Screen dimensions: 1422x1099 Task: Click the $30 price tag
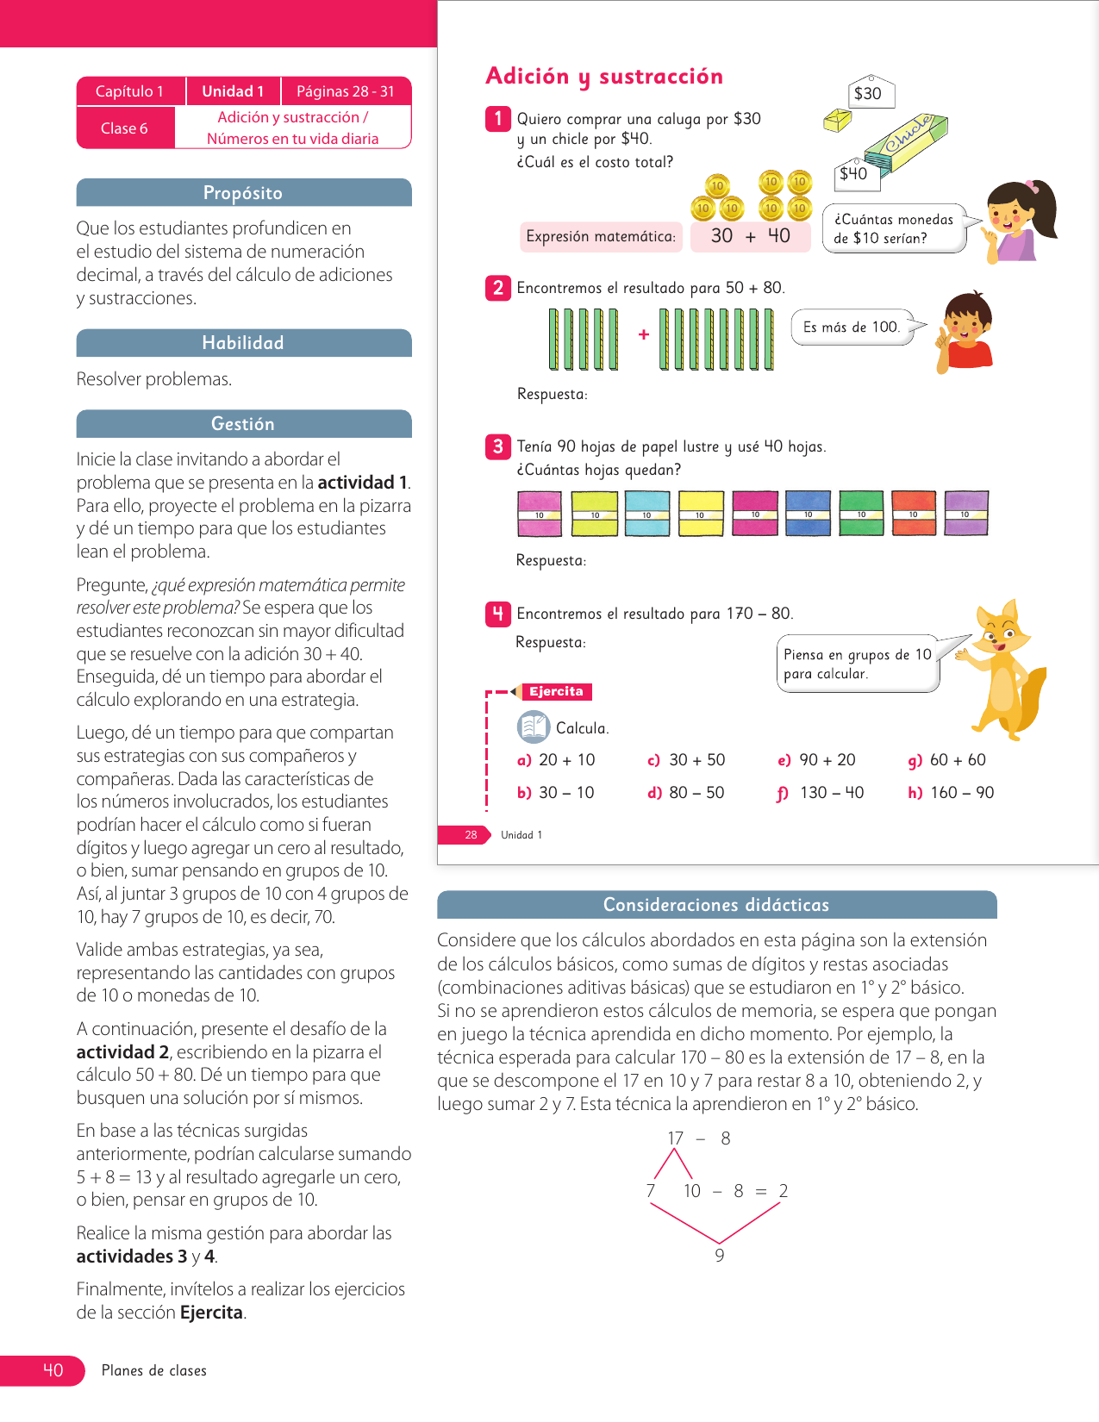[x=869, y=93]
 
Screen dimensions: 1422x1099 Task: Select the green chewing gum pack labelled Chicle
[x=906, y=137]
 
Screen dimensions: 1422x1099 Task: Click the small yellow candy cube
[x=837, y=121]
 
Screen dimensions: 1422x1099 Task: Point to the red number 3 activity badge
[x=497, y=446]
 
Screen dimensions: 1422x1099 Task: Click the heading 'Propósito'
[x=243, y=193]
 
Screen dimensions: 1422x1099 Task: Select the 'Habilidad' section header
[x=243, y=343]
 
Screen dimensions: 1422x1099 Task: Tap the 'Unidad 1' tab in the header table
[x=233, y=91]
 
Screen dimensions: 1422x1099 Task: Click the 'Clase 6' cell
[x=125, y=128]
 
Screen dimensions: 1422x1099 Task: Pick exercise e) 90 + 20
[x=817, y=760]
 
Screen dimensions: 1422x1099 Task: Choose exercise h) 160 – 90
[x=951, y=793]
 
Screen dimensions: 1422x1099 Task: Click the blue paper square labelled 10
[x=808, y=513]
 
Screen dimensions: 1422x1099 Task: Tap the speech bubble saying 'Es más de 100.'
[x=852, y=327]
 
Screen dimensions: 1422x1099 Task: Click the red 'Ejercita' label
[x=557, y=691]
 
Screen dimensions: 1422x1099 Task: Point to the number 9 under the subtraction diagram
[x=720, y=1256]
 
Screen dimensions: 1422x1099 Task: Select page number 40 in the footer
[x=53, y=1370]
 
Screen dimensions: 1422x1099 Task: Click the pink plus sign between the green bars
[x=644, y=334]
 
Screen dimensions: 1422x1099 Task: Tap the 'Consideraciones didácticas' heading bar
[x=716, y=905]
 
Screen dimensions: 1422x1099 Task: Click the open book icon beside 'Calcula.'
[x=534, y=727]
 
